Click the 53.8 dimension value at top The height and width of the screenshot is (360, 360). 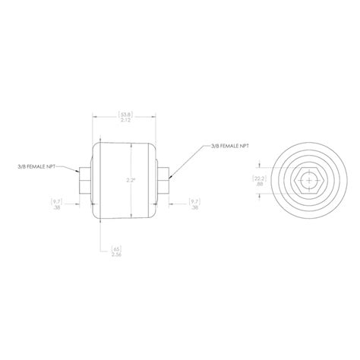[126, 115]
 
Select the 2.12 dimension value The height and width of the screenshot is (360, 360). [126, 122]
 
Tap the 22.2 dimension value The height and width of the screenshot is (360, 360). [260, 178]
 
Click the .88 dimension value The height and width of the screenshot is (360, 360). [260, 185]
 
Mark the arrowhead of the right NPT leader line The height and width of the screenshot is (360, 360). [169, 173]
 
